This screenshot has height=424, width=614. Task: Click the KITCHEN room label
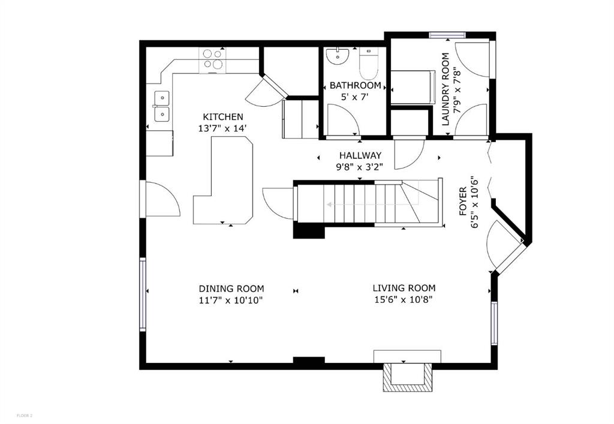pyautogui.click(x=223, y=117)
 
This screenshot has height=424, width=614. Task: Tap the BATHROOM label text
pyautogui.click(x=355, y=86)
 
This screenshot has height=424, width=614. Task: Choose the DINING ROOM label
pyautogui.click(x=231, y=288)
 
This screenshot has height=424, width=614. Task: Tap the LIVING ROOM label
pyautogui.click(x=404, y=288)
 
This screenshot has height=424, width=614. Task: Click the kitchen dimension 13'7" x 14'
pyautogui.click(x=223, y=128)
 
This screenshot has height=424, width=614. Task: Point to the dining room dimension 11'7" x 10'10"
pyautogui.click(x=231, y=300)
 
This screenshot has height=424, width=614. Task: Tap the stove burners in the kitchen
pyautogui.click(x=212, y=59)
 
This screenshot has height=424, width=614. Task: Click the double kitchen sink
pyautogui.click(x=161, y=106)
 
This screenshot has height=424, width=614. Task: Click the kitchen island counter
pyautogui.click(x=224, y=180)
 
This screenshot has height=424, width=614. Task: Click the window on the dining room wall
pyautogui.click(x=143, y=294)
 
